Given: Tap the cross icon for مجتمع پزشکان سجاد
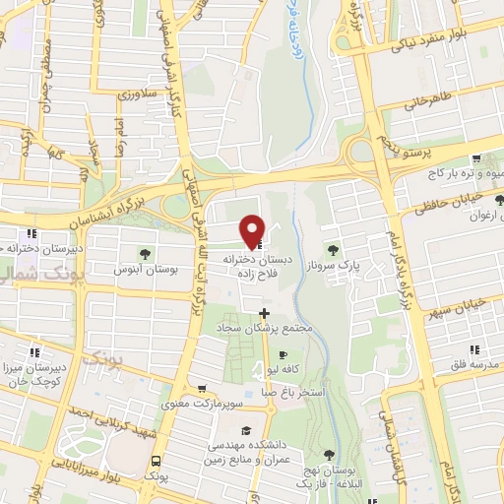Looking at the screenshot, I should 263,312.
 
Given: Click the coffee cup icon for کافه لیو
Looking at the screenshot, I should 283,354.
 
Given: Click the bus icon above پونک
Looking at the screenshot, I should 155,460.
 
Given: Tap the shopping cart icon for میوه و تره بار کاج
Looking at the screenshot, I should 476,158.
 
